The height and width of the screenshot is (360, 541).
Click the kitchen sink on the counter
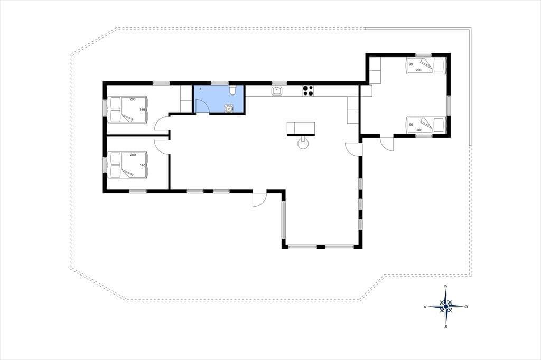pos(277,91)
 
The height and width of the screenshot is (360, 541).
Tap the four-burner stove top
pos(308,90)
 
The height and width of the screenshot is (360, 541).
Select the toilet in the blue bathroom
pos(232,90)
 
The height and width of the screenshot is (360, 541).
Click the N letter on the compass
pos(446,286)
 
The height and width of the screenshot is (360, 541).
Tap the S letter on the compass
pos(446,327)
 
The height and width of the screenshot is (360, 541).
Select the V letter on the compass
pos(425,306)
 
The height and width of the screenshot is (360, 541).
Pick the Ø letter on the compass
pos(466,306)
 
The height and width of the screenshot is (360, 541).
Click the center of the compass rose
pos(446,306)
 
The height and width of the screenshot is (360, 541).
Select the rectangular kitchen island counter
pos(301,128)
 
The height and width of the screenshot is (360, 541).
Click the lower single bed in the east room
pos(426,125)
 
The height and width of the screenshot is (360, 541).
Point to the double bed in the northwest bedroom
pos(128,110)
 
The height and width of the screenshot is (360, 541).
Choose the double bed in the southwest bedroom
pos(128,165)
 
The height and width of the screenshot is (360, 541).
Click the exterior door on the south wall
pos(259,198)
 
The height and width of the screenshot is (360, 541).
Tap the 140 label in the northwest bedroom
pos(142,110)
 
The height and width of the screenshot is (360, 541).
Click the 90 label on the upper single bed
pos(411,64)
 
